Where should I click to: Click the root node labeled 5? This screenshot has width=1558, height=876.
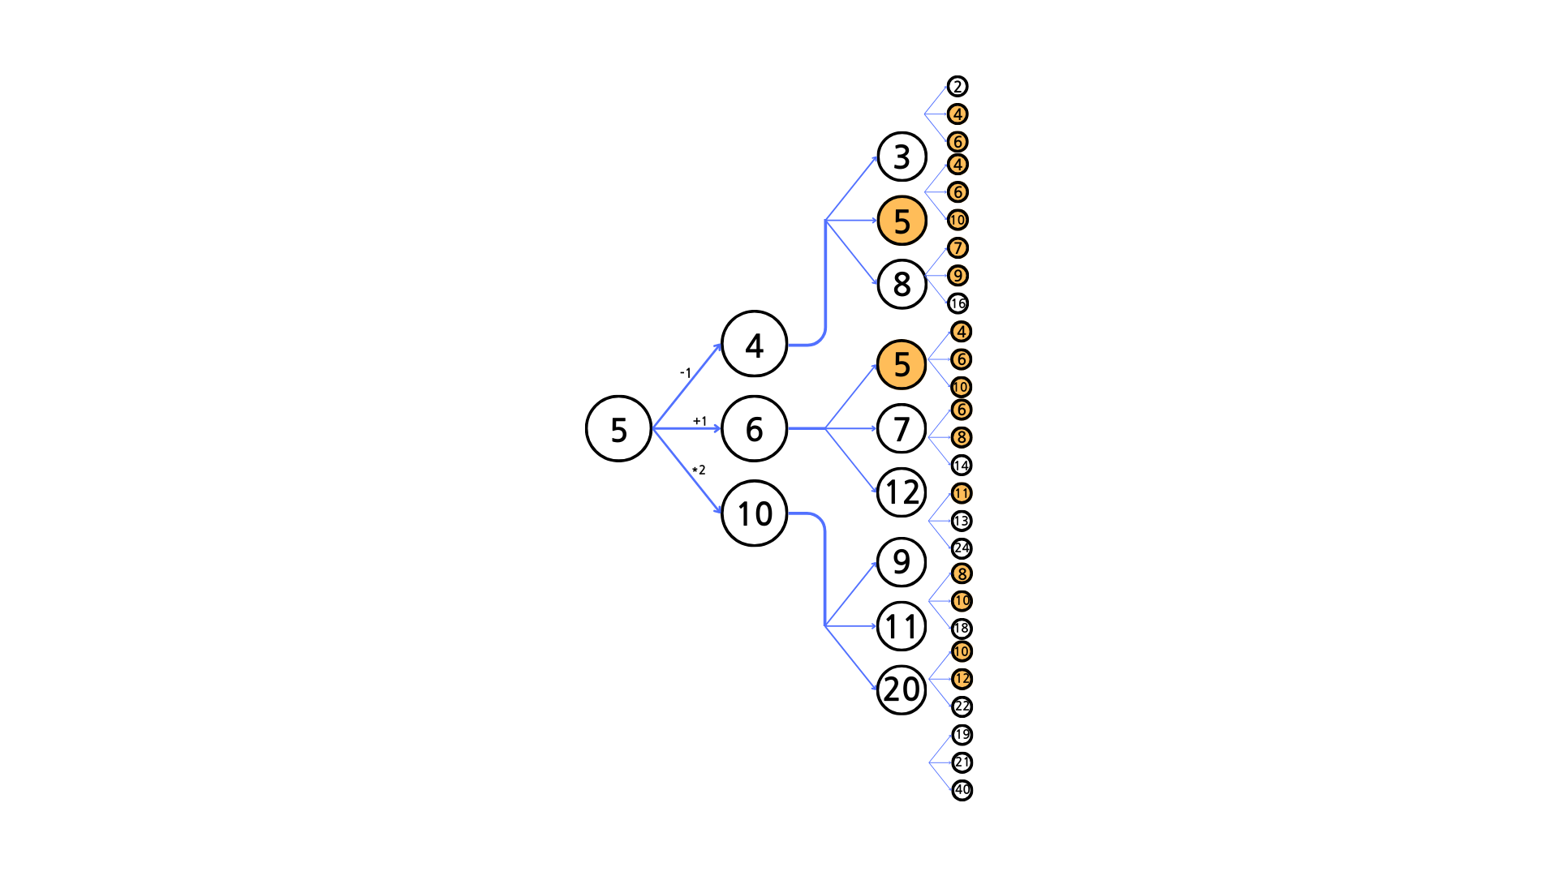click(x=618, y=428)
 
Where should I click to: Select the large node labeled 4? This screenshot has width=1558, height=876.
click(x=754, y=345)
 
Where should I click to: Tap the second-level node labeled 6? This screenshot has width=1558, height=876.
click(x=754, y=428)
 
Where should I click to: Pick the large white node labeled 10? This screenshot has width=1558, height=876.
click(x=754, y=513)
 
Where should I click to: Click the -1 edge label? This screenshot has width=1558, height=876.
click(x=686, y=373)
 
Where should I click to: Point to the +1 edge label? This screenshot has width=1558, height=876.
click(x=699, y=421)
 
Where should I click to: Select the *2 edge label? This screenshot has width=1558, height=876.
click(x=699, y=470)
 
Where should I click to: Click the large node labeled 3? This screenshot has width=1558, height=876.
click(x=902, y=157)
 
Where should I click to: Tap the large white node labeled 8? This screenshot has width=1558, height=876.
click(x=902, y=284)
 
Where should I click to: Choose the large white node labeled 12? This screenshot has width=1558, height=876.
click(x=902, y=492)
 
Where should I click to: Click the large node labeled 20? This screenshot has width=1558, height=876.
click(x=902, y=689)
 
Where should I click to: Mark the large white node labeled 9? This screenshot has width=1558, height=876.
click(x=902, y=561)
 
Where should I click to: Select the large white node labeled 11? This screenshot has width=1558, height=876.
click(x=902, y=626)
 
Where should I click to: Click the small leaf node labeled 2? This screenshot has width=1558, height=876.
click(x=958, y=87)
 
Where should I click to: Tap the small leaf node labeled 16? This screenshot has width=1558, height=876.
click(x=958, y=303)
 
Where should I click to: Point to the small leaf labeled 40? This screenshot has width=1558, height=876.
click(x=962, y=789)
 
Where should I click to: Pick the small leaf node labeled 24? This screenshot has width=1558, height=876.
click(x=962, y=548)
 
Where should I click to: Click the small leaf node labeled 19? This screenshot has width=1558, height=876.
click(x=962, y=735)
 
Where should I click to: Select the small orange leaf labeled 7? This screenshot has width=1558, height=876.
click(x=958, y=247)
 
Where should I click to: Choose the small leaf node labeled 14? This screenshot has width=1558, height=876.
click(x=962, y=465)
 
